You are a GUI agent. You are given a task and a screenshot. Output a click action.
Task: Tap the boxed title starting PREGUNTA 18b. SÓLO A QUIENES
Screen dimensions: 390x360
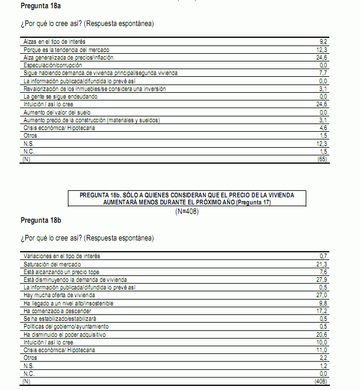[186, 199]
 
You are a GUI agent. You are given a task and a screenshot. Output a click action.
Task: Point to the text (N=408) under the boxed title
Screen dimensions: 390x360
[186, 212]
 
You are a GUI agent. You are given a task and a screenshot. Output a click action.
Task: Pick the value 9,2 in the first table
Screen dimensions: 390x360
[323, 42]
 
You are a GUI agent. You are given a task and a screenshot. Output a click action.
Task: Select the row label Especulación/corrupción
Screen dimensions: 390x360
[54, 65]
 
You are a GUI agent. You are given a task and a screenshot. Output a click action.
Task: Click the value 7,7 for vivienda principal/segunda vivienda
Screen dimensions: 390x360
[323, 73]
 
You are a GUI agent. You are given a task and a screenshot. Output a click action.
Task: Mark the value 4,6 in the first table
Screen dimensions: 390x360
[323, 127]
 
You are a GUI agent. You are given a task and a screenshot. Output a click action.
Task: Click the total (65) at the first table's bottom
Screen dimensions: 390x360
[322, 159]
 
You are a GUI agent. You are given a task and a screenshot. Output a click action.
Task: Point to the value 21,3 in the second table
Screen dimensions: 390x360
[322, 264]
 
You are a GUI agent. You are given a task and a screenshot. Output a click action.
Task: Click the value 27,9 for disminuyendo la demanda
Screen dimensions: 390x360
[322, 279]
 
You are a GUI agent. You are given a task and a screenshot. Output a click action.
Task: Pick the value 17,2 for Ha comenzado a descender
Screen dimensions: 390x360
[322, 310]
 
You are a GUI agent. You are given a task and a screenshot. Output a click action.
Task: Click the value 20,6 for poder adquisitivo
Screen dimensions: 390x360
[322, 334]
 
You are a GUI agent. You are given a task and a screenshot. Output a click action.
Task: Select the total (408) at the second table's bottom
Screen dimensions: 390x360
[321, 382]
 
